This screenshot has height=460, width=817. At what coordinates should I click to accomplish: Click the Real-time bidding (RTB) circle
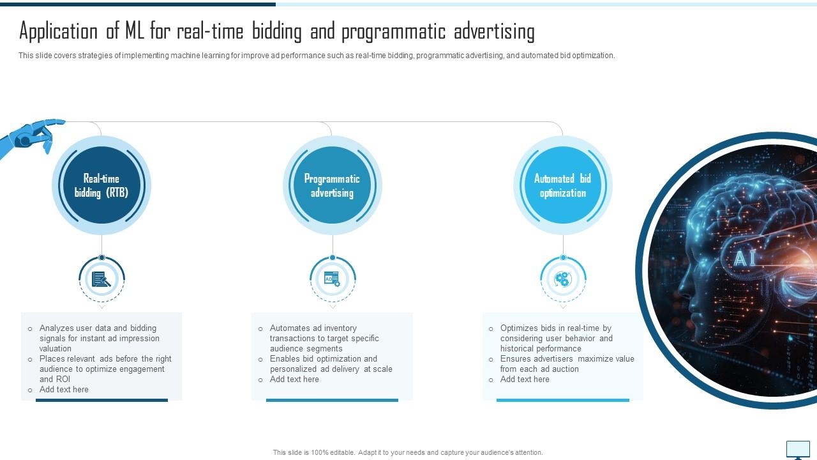tap(101, 186)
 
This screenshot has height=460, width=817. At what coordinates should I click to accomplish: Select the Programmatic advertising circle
tap(332, 186)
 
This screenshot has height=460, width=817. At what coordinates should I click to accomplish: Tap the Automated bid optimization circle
tap(562, 186)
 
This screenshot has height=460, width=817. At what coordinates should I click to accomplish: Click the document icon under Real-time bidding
tap(101, 279)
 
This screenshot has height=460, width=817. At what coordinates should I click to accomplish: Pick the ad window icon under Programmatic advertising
tap(332, 279)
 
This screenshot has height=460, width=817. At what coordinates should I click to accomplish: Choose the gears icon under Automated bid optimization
tap(562, 279)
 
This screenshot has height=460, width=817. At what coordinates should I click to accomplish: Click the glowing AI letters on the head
tap(740, 258)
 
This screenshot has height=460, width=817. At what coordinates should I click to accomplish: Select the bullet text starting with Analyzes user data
tap(99, 338)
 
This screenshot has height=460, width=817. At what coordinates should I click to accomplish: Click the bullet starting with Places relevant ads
tap(105, 369)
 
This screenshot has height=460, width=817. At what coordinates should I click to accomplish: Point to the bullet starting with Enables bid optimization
tap(331, 364)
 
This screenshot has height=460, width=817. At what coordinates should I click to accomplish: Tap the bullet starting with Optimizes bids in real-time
tap(556, 338)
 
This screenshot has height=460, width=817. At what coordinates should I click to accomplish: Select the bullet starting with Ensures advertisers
tap(567, 364)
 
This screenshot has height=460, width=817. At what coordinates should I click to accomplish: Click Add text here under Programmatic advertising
tap(294, 379)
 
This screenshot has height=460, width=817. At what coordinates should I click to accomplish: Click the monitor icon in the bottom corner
tap(798, 449)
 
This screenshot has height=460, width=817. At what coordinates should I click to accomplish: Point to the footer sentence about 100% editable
tap(408, 452)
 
